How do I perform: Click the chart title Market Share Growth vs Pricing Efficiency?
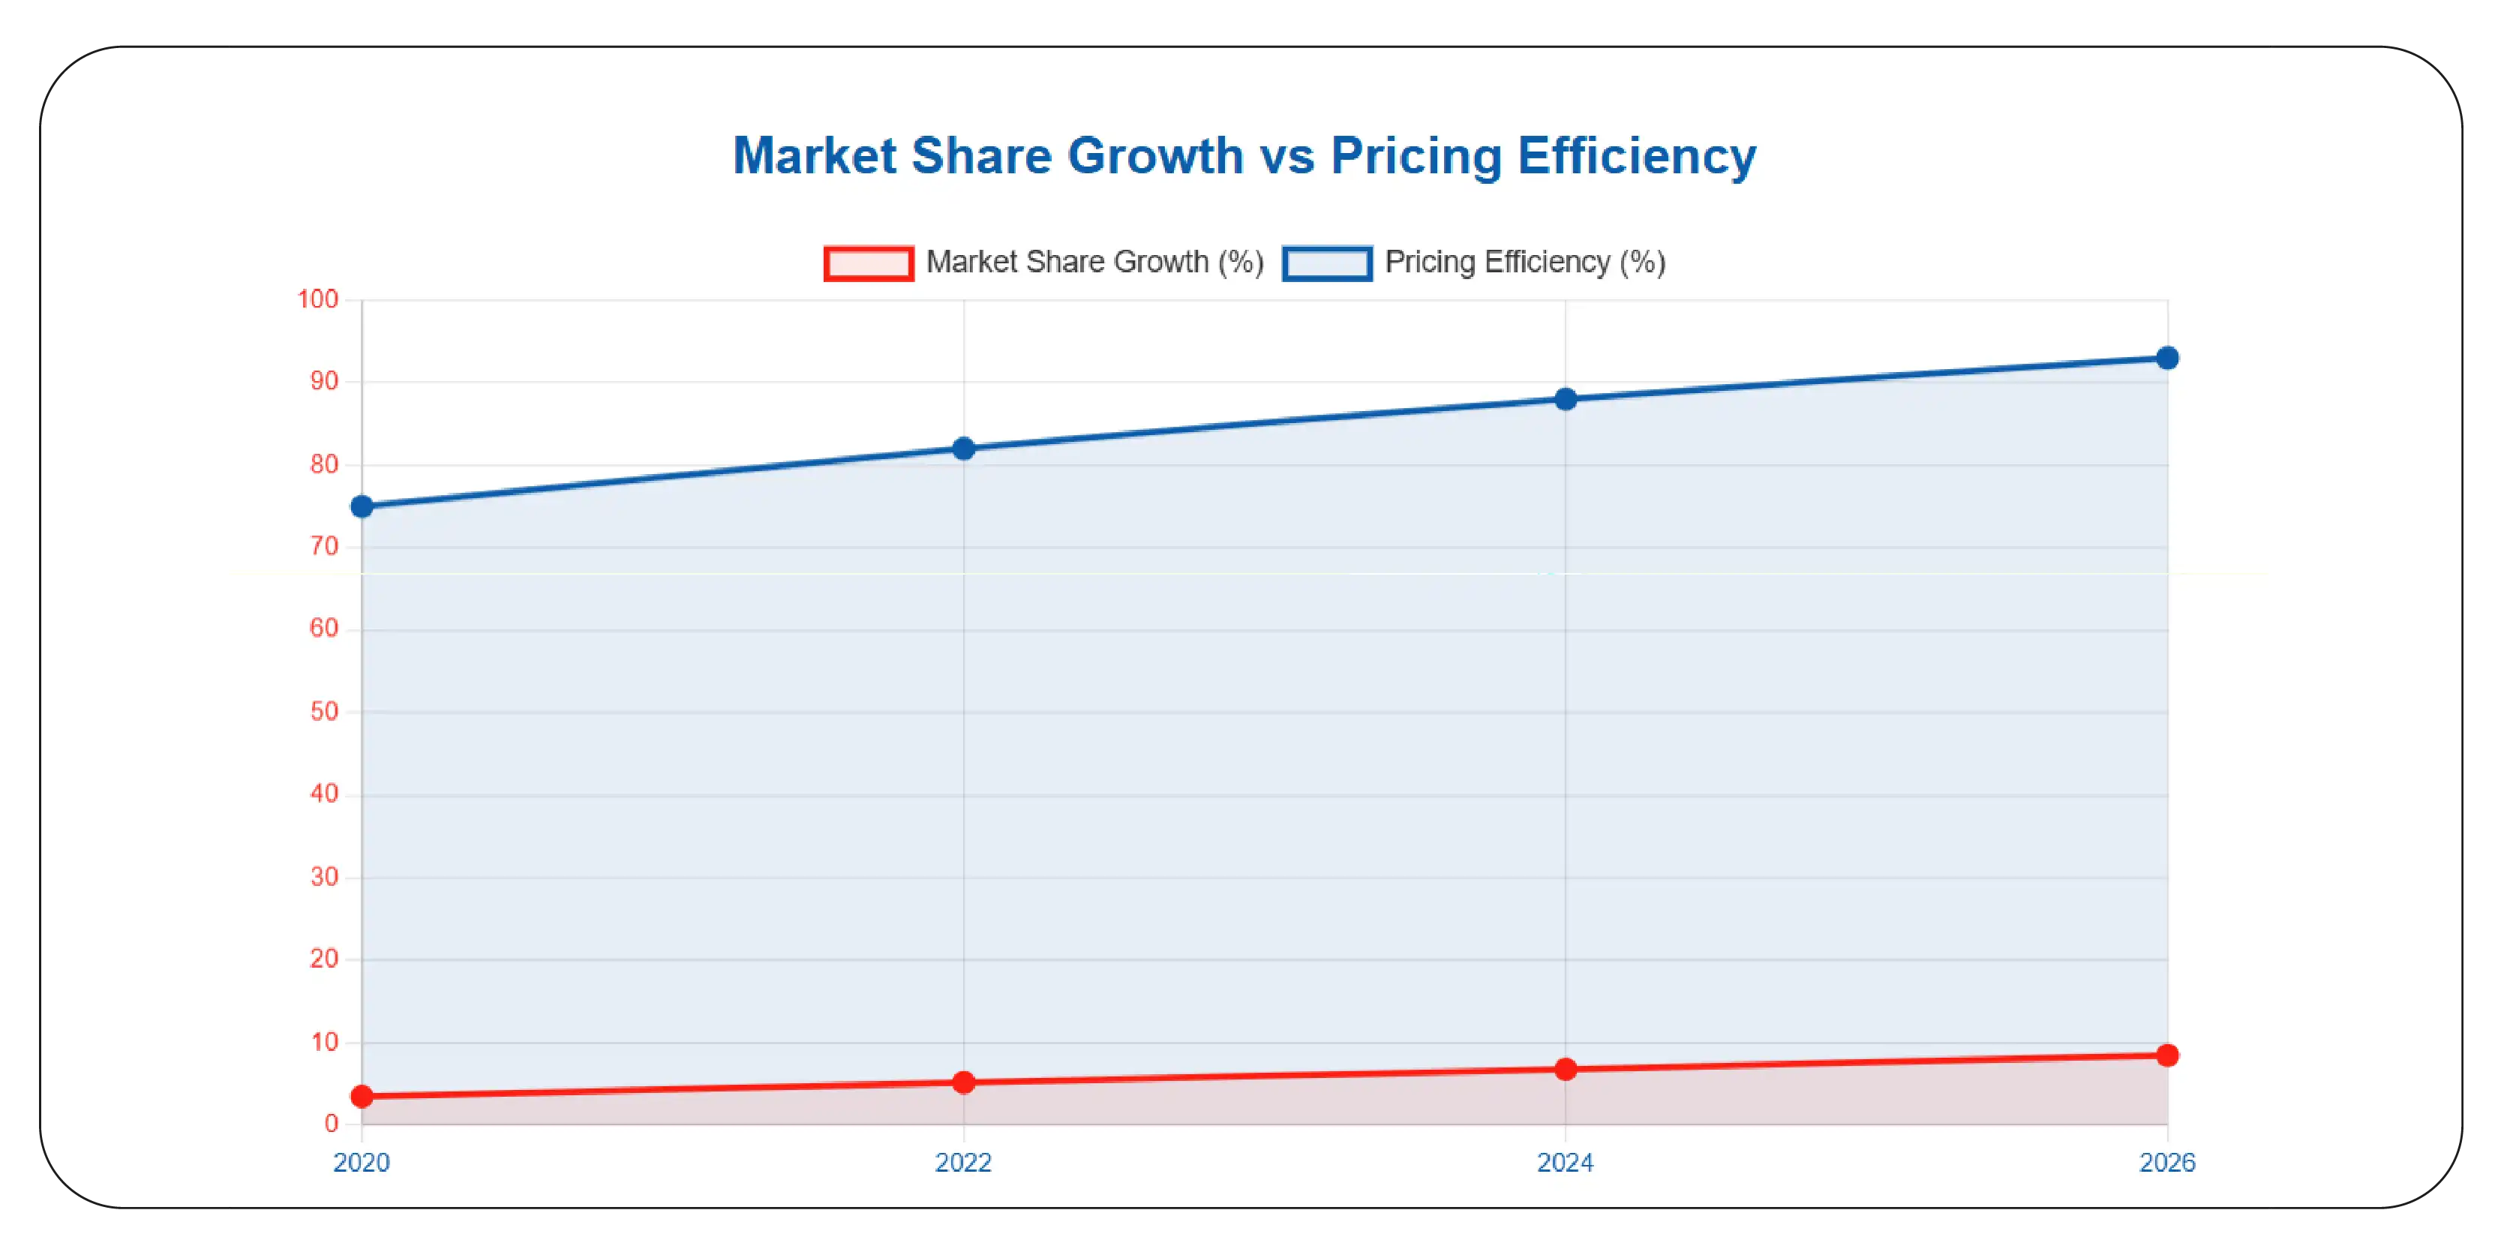1244,155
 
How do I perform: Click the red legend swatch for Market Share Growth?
868,263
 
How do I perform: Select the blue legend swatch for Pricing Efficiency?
1326,263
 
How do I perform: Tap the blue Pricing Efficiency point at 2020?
362,506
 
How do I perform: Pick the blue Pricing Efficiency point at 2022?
963,448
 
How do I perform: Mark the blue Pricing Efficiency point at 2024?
1565,398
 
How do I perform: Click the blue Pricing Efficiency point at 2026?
2167,358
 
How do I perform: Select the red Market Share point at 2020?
362,1097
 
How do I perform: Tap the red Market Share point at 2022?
963,1082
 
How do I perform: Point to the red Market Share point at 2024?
1565,1070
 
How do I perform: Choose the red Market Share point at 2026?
2167,1055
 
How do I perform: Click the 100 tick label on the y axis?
318,299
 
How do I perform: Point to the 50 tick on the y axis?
324,712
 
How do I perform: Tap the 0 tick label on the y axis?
332,1124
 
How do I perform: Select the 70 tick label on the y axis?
324,547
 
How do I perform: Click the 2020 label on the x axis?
362,1163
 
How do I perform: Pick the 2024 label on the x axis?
1565,1163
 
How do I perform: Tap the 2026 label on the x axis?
2167,1163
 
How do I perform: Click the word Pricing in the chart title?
1416,155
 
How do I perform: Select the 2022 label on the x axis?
963,1163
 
